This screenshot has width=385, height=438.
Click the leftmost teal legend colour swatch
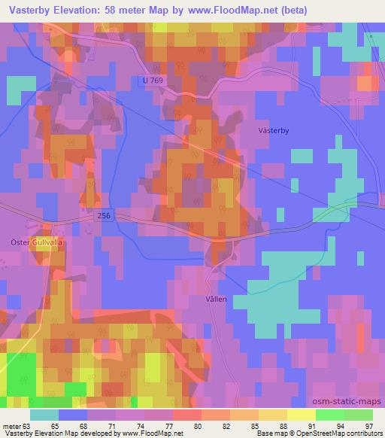tap(44, 415)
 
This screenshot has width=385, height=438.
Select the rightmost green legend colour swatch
tap(359, 415)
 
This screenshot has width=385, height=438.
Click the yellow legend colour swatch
tap(302, 415)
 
